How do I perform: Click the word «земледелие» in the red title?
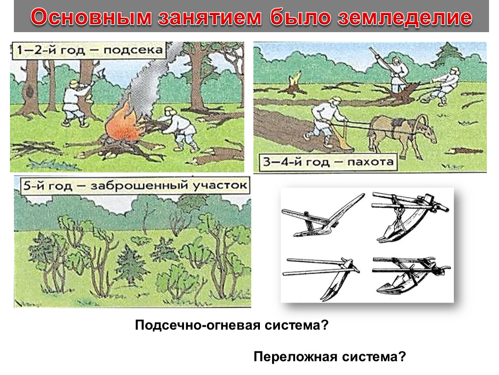point(405,17)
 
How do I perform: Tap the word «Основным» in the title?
point(91,17)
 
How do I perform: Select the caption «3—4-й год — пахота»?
point(328,162)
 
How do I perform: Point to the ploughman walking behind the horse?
point(326,122)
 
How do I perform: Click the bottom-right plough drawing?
point(410,274)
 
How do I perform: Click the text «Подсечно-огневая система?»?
point(231,326)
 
